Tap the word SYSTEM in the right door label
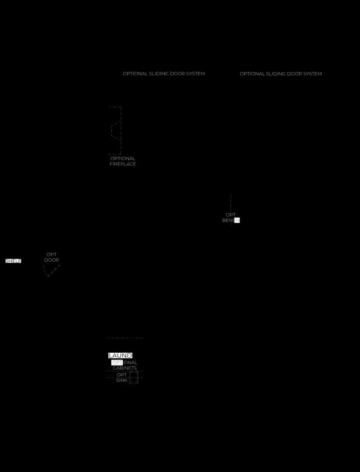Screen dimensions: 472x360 tap(311, 74)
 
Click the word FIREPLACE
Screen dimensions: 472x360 tap(123, 164)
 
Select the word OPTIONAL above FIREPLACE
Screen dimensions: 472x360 tap(123, 159)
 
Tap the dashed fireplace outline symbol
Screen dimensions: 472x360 tap(115, 131)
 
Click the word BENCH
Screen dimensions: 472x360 tap(231, 221)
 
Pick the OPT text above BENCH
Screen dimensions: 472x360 tap(231, 215)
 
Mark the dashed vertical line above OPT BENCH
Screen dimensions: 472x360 tap(231, 203)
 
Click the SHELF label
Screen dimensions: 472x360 tap(13, 261)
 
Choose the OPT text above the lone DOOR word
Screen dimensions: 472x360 tap(52, 255)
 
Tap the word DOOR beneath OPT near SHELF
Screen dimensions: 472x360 tap(52, 260)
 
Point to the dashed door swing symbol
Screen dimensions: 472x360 tap(52, 271)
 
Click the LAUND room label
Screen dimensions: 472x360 tap(120, 356)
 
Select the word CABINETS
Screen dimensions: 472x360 tap(125, 368)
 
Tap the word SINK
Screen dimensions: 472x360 tap(122, 380)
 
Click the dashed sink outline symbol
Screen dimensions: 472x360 tap(133, 377)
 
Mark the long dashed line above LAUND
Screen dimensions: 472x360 tap(125, 338)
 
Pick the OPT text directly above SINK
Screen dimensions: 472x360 tap(122, 375)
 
